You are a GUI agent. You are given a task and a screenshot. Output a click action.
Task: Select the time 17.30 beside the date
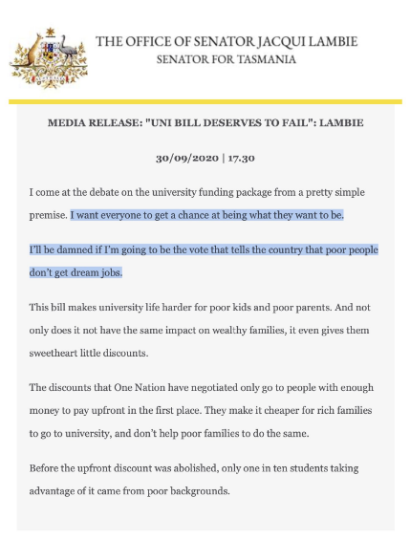[238, 158]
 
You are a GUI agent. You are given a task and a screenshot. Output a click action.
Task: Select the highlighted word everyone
[126, 215]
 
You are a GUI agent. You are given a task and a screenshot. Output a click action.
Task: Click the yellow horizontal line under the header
[205, 101]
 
